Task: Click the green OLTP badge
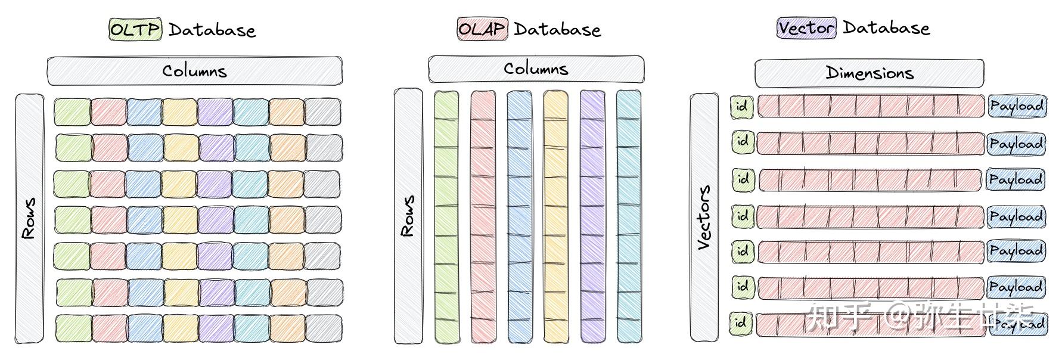(135, 29)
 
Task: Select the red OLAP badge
(482, 29)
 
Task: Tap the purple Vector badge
(806, 28)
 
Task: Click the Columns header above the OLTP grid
(195, 71)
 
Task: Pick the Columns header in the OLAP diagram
(536, 69)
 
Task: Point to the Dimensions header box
(869, 73)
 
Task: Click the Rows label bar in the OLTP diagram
(29, 218)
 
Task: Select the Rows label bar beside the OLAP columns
(408, 216)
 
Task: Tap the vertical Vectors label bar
(704, 217)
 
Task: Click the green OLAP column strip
(446, 216)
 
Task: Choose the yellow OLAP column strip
(555, 216)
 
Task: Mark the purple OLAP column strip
(592, 216)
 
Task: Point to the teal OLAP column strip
(629, 216)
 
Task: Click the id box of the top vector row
(742, 107)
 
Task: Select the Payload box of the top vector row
(1016, 106)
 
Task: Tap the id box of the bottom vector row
(741, 323)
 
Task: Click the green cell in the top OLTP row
(73, 112)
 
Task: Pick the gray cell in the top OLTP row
(323, 112)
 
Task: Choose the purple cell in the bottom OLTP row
(216, 328)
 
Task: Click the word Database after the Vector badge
(886, 28)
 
